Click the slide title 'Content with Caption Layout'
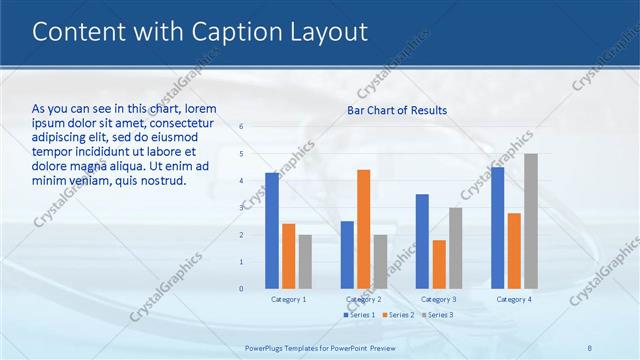200,33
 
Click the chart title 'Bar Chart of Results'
397,110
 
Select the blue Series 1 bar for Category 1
272,230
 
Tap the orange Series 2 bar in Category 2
363,229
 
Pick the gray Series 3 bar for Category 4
531,221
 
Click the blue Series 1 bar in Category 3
422,241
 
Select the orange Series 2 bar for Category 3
439,264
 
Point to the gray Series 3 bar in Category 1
305,261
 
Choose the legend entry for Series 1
360,315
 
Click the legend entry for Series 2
398,315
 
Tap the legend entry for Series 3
436,315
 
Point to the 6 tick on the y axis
241,127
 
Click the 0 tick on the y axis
241,288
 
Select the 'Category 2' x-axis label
363,299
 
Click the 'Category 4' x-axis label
514,299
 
